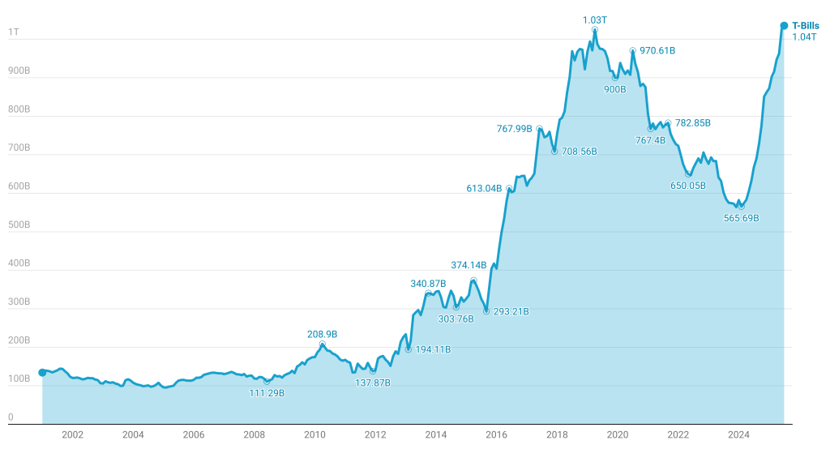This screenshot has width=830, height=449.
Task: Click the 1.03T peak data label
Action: coord(595,19)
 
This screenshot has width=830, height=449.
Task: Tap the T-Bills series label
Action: coord(805,26)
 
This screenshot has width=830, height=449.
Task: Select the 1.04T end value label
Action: coord(804,36)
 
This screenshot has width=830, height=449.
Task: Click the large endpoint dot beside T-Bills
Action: coord(784,25)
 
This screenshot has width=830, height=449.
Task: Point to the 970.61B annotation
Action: coord(657,50)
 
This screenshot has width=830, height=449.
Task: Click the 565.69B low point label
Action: coord(741,217)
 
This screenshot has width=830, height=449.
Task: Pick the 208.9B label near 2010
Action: coord(322,334)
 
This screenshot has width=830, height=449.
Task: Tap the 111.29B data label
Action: coord(267,393)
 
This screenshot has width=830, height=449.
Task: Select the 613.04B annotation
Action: coord(484,188)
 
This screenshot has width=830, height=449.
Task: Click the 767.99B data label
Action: coord(514,128)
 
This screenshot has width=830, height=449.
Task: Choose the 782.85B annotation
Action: coord(692,122)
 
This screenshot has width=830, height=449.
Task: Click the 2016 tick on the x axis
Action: coord(496,435)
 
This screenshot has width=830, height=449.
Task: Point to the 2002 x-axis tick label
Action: coord(73,435)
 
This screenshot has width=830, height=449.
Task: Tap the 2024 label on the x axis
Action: coord(738,435)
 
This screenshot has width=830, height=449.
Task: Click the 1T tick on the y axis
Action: coord(14,32)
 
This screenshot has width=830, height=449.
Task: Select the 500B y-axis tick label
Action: coord(19,224)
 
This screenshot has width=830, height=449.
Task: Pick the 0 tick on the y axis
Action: coord(11,417)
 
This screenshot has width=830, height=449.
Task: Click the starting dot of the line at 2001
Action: coord(42,373)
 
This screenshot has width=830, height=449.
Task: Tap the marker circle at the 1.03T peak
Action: coord(595,30)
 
